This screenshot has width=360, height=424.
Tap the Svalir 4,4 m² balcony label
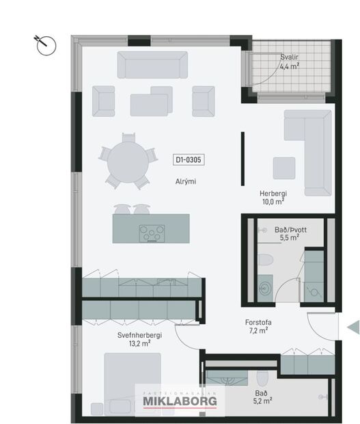pyautogui.click(x=290, y=66)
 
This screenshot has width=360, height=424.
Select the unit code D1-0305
pyautogui.click(x=190, y=160)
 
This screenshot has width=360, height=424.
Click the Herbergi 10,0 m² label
pyautogui.click(x=273, y=198)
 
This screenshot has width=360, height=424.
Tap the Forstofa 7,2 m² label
pyautogui.click(x=255, y=326)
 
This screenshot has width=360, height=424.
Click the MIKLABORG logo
pyautogui.click(x=183, y=401)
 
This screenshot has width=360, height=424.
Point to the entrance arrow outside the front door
pyautogui.click(x=353, y=328)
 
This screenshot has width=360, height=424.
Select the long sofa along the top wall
pyautogui.click(x=152, y=65)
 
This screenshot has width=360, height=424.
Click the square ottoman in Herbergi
pyautogui.click(x=283, y=168)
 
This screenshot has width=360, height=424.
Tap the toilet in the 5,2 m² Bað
pyautogui.click(x=262, y=377)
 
